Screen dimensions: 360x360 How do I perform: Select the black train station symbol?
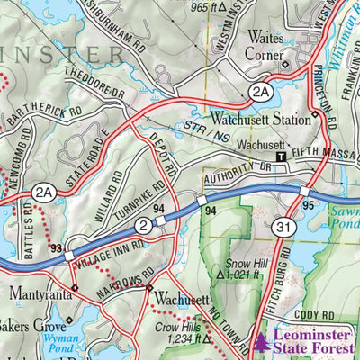point(281,156)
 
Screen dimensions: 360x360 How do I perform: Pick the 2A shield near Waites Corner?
point(260,91)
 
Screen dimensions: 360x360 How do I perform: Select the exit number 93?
point(58,247)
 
